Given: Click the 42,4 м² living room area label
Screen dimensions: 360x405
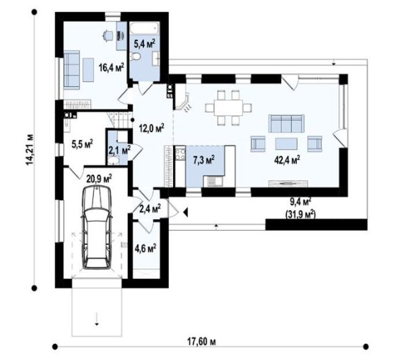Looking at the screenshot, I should click(x=287, y=159).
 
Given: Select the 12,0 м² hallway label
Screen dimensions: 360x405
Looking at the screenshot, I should click(x=151, y=128).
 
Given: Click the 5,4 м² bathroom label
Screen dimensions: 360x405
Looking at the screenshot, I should click(x=144, y=43).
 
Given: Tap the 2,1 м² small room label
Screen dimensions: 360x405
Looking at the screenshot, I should click(x=119, y=150).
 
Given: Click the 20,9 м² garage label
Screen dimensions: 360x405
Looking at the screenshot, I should click(x=99, y=179).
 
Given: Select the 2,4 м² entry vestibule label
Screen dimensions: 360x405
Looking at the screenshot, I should click(x=150, y=208).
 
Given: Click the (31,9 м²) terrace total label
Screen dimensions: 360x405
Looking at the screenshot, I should click(x=300, y=212).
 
